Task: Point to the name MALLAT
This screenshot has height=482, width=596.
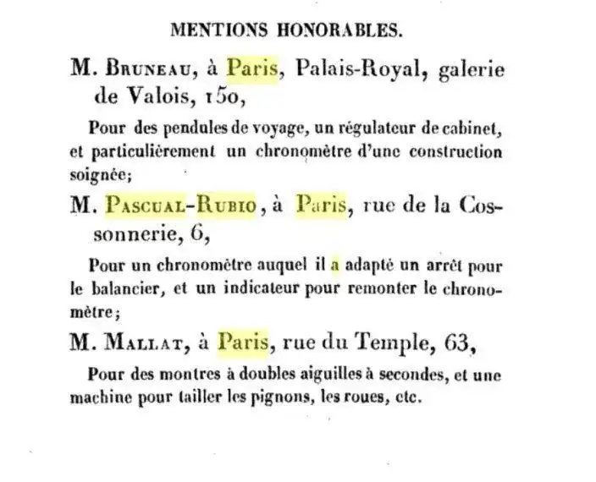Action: pyautogui.click(x=141, y=342)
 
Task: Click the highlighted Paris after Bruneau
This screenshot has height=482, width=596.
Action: pyautogui.click(x=252, y=71)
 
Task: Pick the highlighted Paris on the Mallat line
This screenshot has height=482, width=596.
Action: pyautogui.click(x=244, y=342)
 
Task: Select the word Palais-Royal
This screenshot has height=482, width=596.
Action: pyautogui.click(x=350, y=71)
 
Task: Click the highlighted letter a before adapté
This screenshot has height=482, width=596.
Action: pyautogui.click(x=334, y=265)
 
